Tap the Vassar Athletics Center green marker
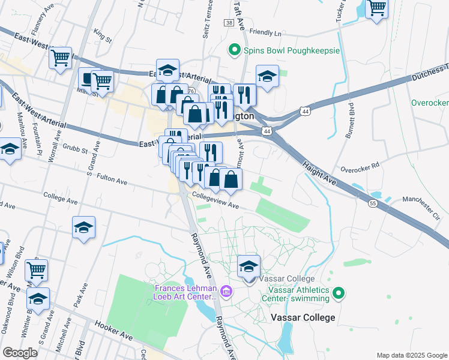[339, 293]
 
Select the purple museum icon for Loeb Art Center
[226, 292]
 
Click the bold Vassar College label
[303, 317]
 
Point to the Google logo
[20, 353]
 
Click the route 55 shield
[373, 204]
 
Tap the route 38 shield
[230, 22]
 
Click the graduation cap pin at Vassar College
[249, 267]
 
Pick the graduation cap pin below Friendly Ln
[267, 77]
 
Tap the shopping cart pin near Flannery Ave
[61, 59]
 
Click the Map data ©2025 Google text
[411, 355]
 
